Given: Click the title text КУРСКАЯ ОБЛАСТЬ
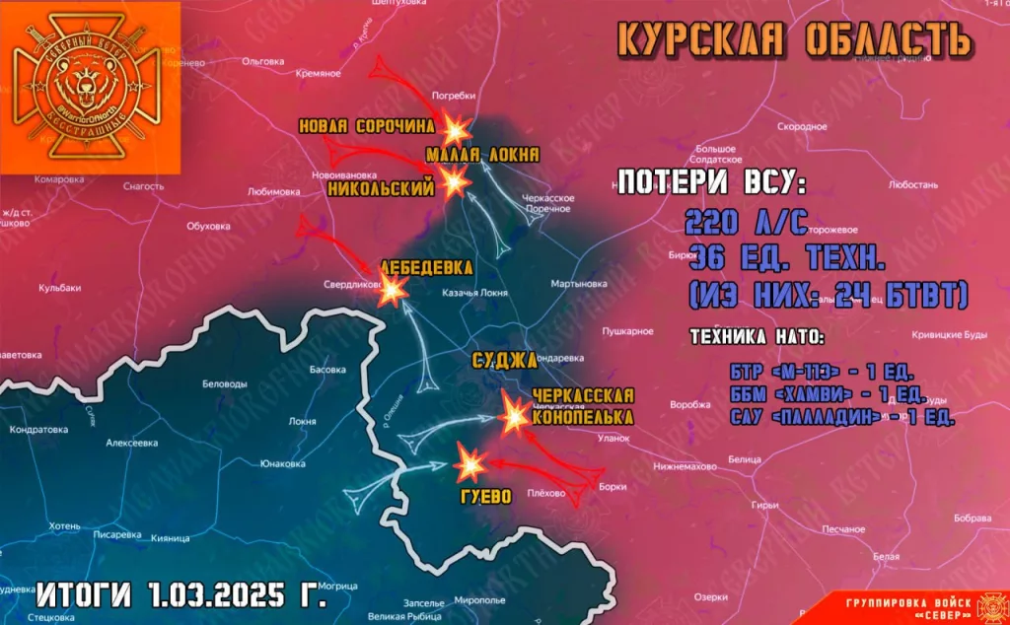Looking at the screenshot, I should [x=795, y=38].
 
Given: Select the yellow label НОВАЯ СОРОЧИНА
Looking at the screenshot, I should [x=367, y=126].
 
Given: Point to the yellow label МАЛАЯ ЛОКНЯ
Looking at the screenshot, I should [x=482, y=155].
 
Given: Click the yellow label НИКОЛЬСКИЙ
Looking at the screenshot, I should [x=381, y=188].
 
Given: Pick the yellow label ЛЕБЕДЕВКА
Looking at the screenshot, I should [x=427, y=267].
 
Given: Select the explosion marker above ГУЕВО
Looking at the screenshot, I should [x=469, y=460].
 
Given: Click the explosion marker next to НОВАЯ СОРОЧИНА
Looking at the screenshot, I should [x=456, y=129].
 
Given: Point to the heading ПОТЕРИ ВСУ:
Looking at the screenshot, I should [x=711, y=183].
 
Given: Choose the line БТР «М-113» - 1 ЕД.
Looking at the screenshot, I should [x=818, y=374].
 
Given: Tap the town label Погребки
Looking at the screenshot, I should [x=455, y=96].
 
